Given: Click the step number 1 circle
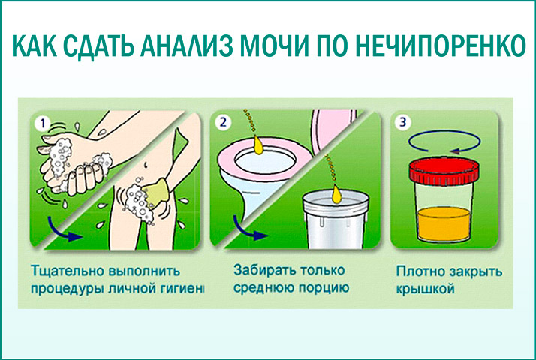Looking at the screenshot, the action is click(43, 123).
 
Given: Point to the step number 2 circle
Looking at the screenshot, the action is click(223, 122).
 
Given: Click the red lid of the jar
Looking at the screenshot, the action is click(444, 172).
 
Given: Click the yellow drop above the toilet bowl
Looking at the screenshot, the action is click(258, 144).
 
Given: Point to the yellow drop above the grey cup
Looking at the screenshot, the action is click(336, 193).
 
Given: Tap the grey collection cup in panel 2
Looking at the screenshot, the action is click(336, 220).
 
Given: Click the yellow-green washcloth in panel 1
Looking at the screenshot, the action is click(157, 193).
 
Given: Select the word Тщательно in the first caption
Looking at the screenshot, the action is click(68, 271).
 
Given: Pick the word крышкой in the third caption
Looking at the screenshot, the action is click(425, 289).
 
